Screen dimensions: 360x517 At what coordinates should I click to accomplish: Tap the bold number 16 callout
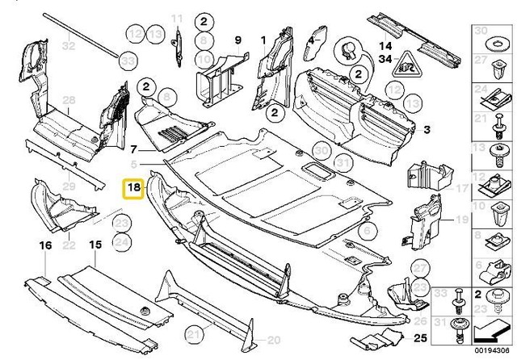[45, 243]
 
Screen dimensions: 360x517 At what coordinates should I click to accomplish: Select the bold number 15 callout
[95, 243]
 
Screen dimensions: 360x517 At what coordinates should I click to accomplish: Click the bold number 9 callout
[237, 40]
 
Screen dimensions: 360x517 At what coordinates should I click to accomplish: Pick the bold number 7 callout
[135, 149]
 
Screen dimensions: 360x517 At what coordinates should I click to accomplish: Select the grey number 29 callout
[69, 186]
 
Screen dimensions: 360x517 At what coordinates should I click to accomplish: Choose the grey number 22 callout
[69, 244]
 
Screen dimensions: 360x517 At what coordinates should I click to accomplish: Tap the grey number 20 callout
[274, 339]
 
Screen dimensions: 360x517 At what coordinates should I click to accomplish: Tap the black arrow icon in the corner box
[488, 330]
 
